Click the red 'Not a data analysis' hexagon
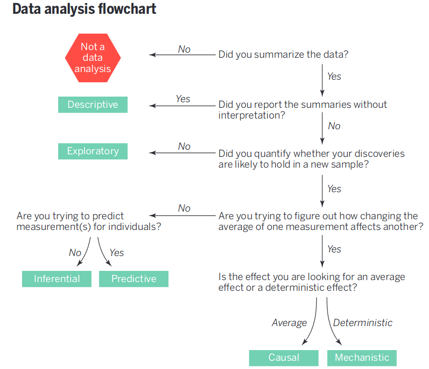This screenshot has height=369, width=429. click(93, 58)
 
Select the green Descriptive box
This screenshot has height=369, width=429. click(93, 104)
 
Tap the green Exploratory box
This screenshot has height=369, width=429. click(93, 151)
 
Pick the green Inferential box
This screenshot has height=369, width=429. click(57, 279)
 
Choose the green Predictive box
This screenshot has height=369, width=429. click(134, 279)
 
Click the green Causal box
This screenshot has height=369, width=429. click(284, 358)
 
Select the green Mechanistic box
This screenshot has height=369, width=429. click(362, 358)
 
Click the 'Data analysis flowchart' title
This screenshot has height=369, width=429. click(84, 9)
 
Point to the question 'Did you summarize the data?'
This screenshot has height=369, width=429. click(284, 55)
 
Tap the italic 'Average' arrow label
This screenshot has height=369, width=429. click(289, 322)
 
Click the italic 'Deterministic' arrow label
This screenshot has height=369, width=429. click(363, 322)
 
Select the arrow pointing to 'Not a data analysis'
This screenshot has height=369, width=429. click(182, 55)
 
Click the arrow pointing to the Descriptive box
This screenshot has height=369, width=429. click(182, 106)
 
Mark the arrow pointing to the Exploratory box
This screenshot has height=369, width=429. click(182, 153)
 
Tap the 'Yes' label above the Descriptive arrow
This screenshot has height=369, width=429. click(183, 99)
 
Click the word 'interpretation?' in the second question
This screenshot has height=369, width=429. click(251, 116)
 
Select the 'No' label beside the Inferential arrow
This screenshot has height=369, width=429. click(75, 252)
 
